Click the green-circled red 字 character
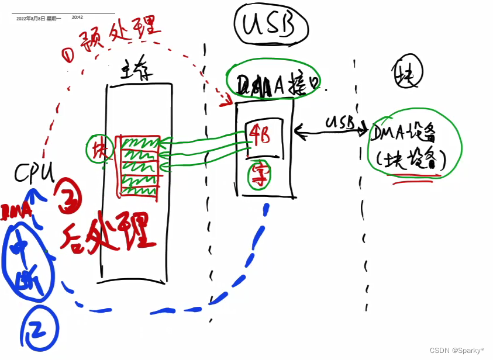[x=258, y=175]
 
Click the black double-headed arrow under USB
[x=331, y=132]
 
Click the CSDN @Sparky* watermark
[x=456, y=351]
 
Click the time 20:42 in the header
[x=77, y=18]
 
